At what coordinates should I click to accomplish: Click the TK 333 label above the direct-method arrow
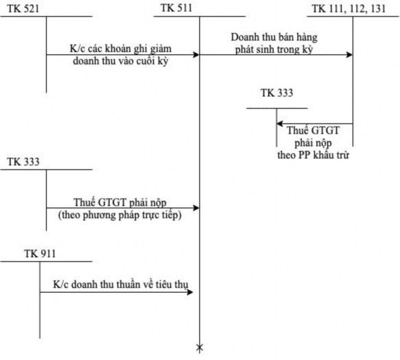click(x=23, y=162)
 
